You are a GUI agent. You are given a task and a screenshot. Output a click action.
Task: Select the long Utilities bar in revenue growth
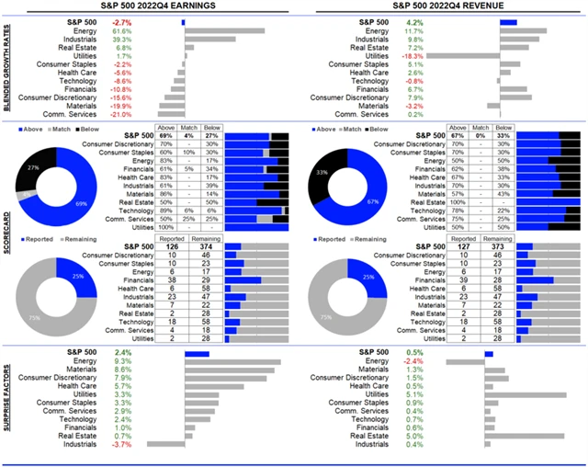pos(462,56)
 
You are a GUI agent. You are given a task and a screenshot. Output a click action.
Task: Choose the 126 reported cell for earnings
pos(168,245)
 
